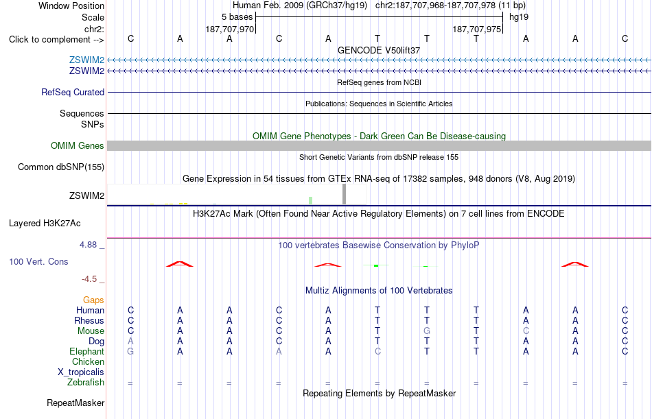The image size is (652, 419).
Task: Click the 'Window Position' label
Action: [x=71, y=5]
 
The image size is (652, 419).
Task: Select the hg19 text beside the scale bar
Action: [x=519, y=17]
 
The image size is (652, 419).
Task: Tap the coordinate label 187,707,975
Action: [x=476, y=29]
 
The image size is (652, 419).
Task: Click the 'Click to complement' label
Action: [x=56, y=40]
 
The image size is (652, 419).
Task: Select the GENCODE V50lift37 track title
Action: [x=379, y=50]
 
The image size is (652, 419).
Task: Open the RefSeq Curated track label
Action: [x=73, y=93]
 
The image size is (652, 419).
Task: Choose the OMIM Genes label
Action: [x=78, y=146]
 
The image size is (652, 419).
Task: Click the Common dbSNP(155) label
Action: [x=61, y=167]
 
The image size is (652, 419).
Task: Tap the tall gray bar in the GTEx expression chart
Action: [x=344, y=194]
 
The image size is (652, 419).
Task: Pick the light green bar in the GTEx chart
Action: [x=311, y=201]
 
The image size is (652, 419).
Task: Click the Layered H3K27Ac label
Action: [x=45, y=224]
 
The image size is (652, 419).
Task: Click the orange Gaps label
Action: [x=93, y=300]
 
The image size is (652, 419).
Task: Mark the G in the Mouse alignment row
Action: [x=427, y=331]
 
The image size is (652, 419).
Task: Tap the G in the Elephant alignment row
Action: [x=130, y=352]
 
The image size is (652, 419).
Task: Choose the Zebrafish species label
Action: [x=86, y=383]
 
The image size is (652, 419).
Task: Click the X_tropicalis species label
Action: [x=81, y=372]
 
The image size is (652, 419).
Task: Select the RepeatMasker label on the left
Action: [x=75, y=403]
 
